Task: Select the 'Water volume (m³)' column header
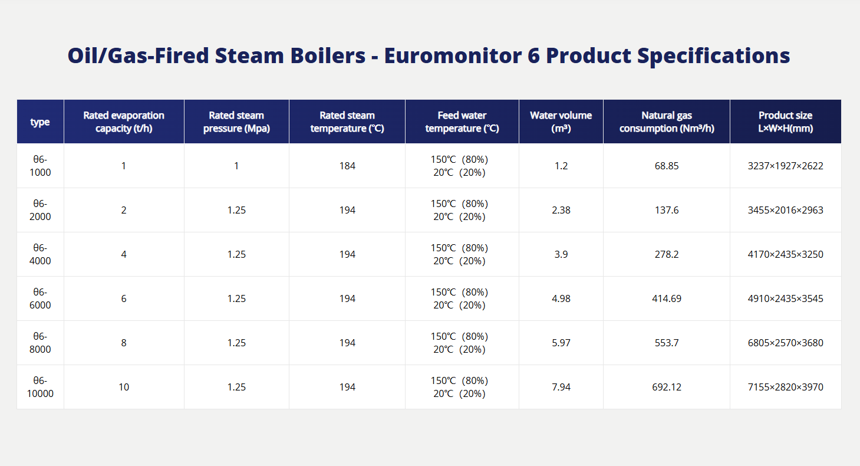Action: [x=561, y=122]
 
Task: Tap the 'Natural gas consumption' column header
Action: [x=667, y=122]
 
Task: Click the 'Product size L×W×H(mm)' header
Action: [x=785, y=122]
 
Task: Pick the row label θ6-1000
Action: [x=41, y=166]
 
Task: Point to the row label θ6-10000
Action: [x=41, y=387]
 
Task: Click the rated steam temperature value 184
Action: [x=347, y=166]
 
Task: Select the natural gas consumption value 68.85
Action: [x=667, y=166]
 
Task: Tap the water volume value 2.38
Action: [x=561, y=210]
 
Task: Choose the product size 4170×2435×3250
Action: [x=785, y=254]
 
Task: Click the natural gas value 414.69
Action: [x=667, y=298]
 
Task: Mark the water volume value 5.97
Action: [x=561, y=343]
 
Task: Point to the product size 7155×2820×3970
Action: [x=785, y=387]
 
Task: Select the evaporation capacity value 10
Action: [x=124, y=387]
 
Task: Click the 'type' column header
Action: [x=40, y=122]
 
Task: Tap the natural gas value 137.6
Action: [x=667, y=210]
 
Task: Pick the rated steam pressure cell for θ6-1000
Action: [x=236, y=166]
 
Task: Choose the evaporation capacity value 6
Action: [x=124, y=298]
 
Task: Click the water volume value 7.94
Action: [x=561, y=387]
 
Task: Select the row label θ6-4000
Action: [x=41, y=254]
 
